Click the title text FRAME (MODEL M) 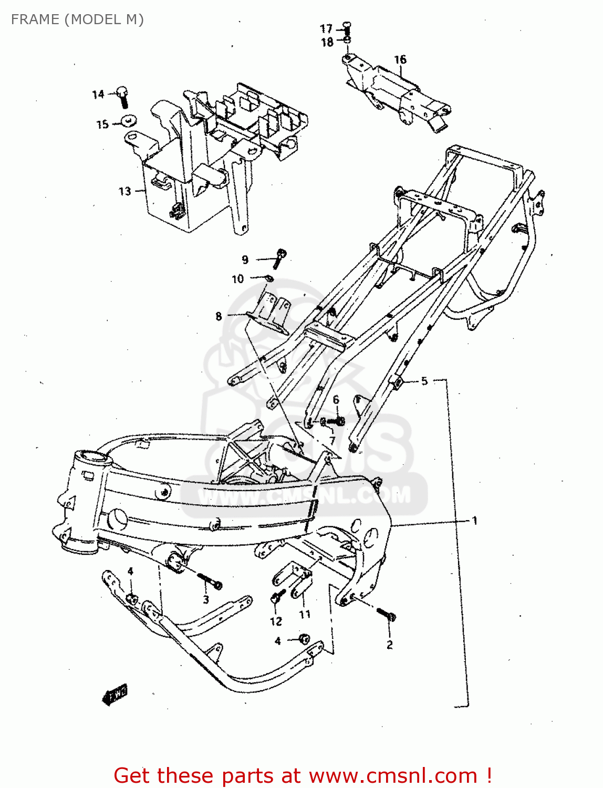click(77, 19)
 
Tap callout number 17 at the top click(326, 28)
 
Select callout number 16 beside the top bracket click(400, 59)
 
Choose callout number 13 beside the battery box click(124, 191)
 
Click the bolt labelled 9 click(279, 257)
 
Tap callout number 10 click(238, 279)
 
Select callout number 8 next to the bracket click(219, 316)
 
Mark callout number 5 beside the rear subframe click(424, 381)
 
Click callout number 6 click(336, 400)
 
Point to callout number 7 click(332, 440)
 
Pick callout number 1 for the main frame click(475, 521)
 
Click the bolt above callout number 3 click(211, 582)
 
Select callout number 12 click(276, 621)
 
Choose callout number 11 click(305, 614)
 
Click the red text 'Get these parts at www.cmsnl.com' click(303, 775)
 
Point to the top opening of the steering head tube click(93, 455)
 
